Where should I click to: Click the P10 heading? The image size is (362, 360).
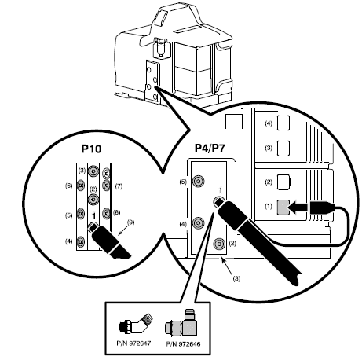coord(91,149)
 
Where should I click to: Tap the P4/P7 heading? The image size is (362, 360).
coord(210,149)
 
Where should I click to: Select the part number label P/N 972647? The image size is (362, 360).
coord(133,343)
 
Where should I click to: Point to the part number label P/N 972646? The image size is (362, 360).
coord(183,343)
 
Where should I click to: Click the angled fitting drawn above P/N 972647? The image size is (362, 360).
coord(136,324)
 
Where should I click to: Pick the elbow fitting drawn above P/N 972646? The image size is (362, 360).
coord(181,324)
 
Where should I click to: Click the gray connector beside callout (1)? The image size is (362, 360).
coord(283,206)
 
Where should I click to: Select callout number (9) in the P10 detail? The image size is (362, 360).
coord(130,222)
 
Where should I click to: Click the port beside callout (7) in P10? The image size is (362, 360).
coord(106,185)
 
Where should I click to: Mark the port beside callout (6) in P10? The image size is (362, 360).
coord(81,186)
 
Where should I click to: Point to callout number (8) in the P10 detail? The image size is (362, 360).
coord(117,212)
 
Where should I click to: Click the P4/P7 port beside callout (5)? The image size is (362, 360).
coord(198,181)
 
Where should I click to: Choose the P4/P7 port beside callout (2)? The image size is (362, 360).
coord(219,244)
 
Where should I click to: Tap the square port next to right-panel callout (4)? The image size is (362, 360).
coord(283,123)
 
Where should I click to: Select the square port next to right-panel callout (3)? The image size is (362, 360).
coord(283,149)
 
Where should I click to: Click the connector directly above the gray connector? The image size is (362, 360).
coord(283,182)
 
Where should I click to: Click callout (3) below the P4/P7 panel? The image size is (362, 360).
coord(236,279)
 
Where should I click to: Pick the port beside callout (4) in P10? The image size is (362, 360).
coord(81,241)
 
